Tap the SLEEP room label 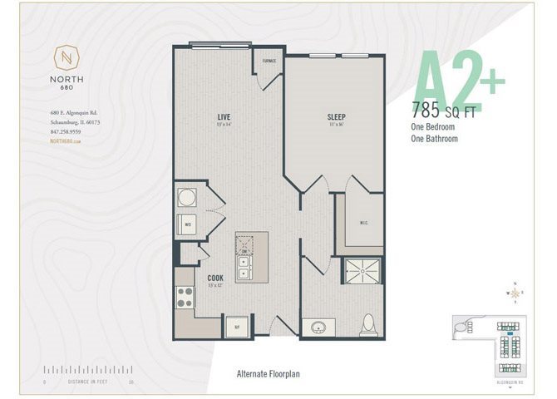(336, 117)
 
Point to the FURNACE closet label (269, 62)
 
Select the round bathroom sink (319, 327)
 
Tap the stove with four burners (184, 297)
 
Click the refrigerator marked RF (237, 327)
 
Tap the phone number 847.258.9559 (65, 131)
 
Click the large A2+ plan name (460, 80)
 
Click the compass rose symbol (516, 293)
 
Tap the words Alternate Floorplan (268, 374)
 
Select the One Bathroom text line (435, 139)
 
